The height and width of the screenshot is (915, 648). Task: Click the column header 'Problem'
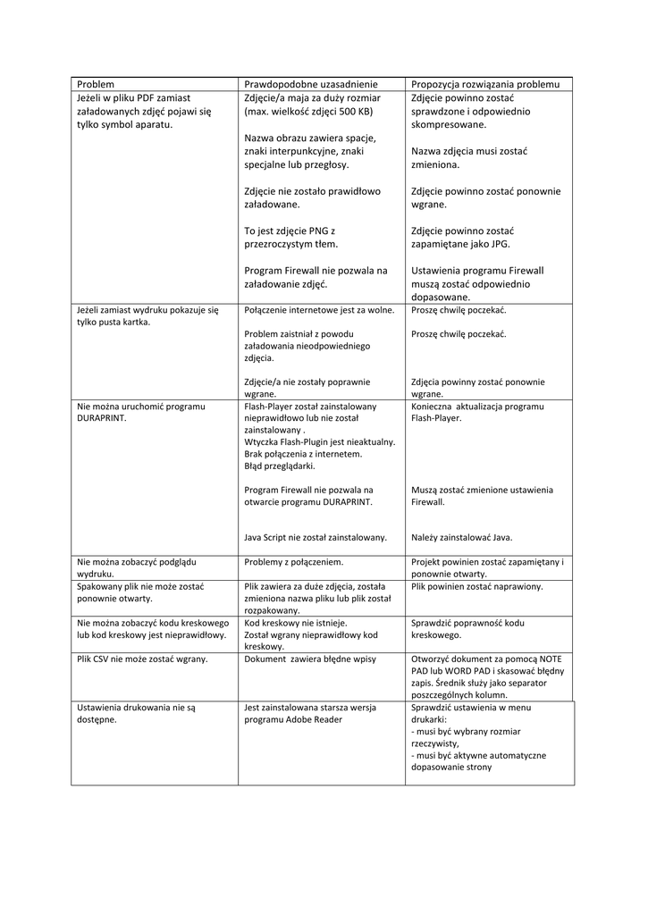point(96,83)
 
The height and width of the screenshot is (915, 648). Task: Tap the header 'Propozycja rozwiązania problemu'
point(485,83)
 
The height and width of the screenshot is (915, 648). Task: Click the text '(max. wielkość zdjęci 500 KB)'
point(308,112)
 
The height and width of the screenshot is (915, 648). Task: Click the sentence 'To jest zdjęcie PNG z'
point(289,230)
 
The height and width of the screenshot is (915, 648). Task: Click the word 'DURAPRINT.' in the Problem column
point(102,417)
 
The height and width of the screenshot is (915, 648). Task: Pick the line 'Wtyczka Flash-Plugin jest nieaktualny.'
point(319,441)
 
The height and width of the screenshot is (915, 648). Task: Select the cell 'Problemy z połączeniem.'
point(294,562)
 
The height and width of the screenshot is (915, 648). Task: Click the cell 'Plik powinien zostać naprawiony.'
point(477,586)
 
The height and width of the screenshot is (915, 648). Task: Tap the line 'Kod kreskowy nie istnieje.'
point(296,623)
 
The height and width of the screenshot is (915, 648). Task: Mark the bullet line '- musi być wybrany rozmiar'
point(465,731)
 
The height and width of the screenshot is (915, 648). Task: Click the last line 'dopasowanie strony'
point(451,767)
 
